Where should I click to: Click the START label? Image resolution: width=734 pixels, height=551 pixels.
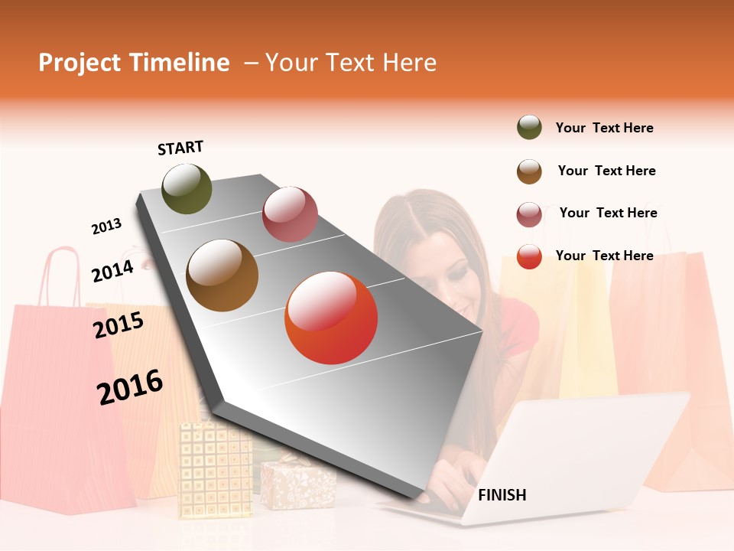[x=180, y=148]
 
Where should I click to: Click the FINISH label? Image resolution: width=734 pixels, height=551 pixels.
[x=502, y=495]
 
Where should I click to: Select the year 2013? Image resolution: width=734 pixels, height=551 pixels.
[x=107, y=227]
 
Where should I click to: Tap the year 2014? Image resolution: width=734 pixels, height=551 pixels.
[x=112, y=271]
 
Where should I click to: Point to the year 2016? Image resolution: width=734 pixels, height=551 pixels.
[x=130, y=387]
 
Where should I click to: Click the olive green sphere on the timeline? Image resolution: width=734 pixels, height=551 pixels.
[x=187, y=188]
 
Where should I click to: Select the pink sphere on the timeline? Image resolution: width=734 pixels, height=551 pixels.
[x=290, y=214]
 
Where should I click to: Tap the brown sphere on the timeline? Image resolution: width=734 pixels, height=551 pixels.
[x=222, y=275]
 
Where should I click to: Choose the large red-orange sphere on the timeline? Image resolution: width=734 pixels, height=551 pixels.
[x=331, y=318]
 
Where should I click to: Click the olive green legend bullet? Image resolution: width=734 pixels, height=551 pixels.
[x=529, y=128]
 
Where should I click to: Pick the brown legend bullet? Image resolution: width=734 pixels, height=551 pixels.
[x=529, y=171]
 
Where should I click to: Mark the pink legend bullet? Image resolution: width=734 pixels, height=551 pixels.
[x=529, y=214]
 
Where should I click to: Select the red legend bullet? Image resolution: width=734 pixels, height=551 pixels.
[x=529, y=256]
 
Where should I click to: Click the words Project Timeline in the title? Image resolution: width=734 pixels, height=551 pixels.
[x=134, y=63]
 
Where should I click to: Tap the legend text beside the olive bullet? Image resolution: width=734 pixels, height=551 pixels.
[x=604, y=128]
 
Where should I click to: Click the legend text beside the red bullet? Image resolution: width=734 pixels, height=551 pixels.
[x=604, y=256]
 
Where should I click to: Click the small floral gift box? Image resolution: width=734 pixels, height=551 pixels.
[x=298, y=484]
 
